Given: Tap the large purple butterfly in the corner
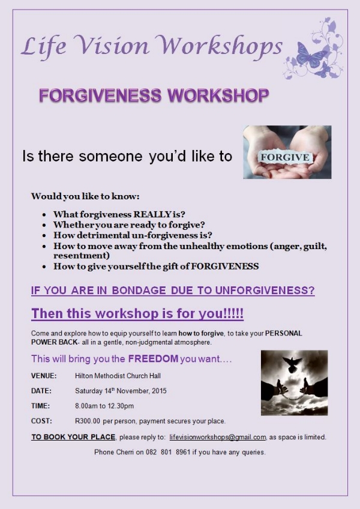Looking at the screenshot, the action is (311, 55).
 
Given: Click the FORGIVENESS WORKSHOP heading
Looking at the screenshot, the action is (154, 96).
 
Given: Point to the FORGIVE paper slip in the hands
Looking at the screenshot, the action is (285, 157).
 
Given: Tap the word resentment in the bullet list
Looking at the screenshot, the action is (82, 256).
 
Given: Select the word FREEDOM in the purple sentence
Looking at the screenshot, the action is (153, 359).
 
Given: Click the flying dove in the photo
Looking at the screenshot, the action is (292, 364).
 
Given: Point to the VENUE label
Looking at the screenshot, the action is (44, 376).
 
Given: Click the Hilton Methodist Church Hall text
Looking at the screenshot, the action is (118, 376).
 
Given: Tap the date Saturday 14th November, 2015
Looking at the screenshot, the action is (121, 391).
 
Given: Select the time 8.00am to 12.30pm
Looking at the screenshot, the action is (104, 406).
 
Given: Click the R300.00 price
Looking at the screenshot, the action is (88, 421).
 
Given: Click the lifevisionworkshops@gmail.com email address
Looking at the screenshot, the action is (218, 437).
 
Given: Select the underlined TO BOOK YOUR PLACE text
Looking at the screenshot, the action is (73, 437).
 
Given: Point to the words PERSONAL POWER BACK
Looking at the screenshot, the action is (167, 337).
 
